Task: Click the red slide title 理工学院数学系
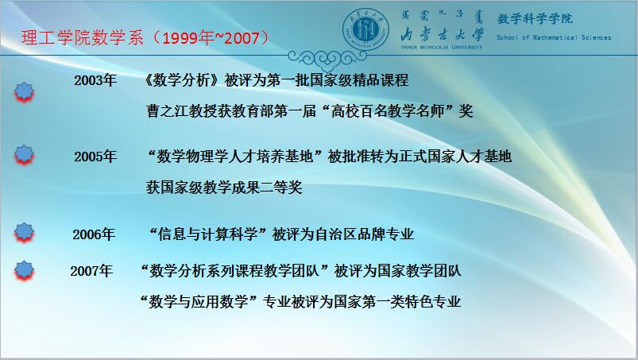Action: pos(82,37)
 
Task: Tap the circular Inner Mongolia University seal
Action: pos(365,30)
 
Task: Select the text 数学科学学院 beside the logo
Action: pos(535,18)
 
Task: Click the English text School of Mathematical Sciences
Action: pos(553,37)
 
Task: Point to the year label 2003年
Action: pos(95,80)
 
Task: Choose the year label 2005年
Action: pos(95,157)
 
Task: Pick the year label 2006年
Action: pos(94,234)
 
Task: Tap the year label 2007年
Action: pos(91,270)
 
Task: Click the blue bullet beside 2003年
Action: pos(24,92)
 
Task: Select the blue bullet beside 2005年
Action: pos(24,155)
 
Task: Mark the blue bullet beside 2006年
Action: pos(24,233)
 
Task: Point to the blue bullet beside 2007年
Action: pos(24,271)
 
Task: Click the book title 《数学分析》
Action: pos(182,80)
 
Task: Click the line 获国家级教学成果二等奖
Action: pos(224,187)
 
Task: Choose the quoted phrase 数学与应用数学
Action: pos(199,301)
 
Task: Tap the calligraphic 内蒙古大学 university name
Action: pos(442,34)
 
